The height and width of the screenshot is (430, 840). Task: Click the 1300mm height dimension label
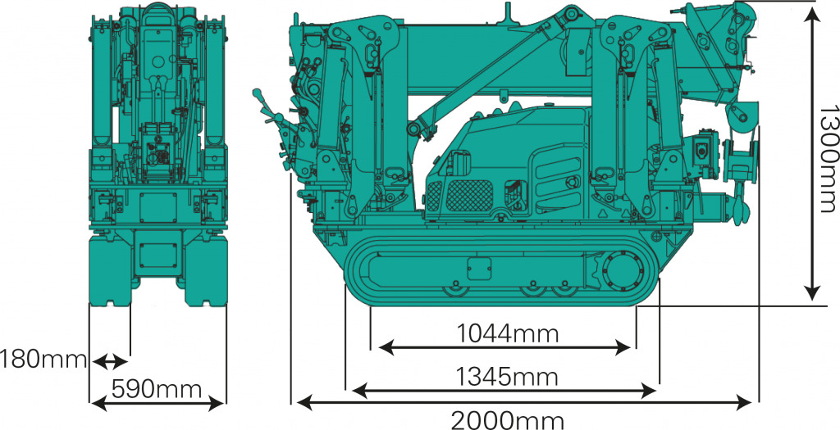[827, 158]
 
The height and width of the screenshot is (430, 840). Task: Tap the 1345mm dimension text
[507, 377]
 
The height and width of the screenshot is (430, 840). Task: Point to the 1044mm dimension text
[507, 333]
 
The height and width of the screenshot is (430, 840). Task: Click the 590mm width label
[157, 389]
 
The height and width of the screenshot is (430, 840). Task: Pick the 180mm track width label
[43, 360]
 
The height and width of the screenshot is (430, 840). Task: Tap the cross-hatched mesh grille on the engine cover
[469, 195]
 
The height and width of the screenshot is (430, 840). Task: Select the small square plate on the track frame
[478, 269]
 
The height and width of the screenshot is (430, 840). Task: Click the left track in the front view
[109, 271]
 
